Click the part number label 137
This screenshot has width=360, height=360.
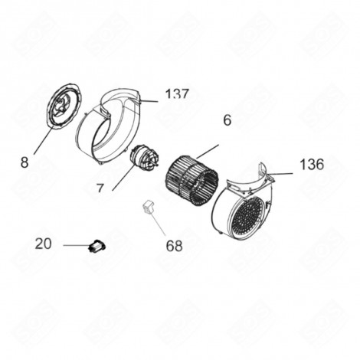coord(176,94)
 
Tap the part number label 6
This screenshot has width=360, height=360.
coord(227,120)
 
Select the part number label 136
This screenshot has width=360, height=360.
coord(312,165)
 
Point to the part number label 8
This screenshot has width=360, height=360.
coord(25,162)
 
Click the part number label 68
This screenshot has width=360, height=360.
coord(175,246)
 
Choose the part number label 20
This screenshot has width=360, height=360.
coord(44,244)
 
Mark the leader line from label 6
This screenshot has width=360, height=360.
coord(208,150)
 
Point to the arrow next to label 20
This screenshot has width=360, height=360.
coord(77,245)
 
